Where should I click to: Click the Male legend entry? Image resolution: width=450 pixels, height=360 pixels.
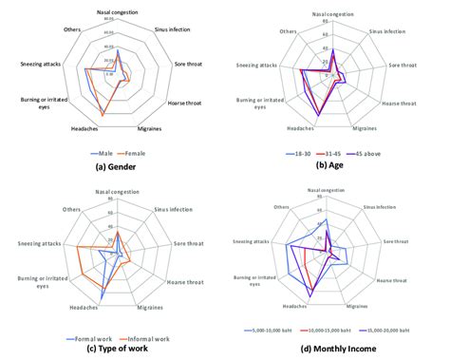(101, 153)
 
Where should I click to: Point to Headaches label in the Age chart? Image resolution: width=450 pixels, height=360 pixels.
(300, 128)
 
